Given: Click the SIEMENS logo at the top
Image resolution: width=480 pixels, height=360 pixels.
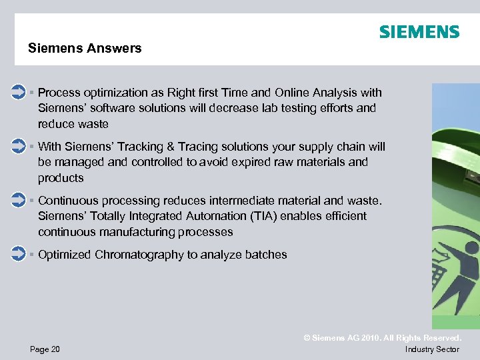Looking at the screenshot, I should [x=419, y=32].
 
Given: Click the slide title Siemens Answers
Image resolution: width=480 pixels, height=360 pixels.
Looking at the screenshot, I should [x=85, y=48].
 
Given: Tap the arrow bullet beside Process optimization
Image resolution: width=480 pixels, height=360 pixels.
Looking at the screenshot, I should [x=19, y=92].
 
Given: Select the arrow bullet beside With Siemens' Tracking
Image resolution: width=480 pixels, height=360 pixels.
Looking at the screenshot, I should [x=19, y=146].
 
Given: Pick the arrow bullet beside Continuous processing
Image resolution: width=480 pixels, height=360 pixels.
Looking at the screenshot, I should [x=19, y=200].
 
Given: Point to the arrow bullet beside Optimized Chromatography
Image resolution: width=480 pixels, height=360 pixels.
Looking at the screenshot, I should [x=19, y=254].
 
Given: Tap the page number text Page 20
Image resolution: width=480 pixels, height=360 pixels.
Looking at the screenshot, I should [x=45, y=349].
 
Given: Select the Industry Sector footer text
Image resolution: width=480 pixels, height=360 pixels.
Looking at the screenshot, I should [x=432, y=349].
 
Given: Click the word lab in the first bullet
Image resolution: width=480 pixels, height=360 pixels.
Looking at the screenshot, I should [x=246, y=108].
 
